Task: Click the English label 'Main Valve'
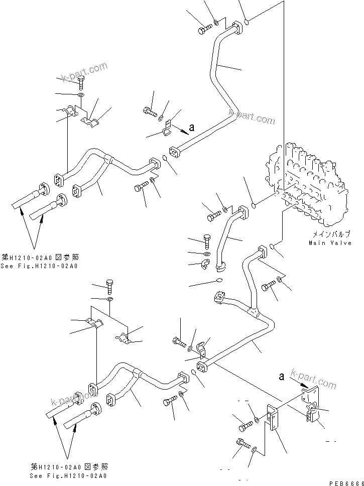327,243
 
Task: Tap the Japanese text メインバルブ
328,234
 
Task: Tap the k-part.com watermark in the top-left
85,71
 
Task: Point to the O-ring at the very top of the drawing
247,22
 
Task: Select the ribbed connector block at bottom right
311,415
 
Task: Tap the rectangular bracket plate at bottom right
273,418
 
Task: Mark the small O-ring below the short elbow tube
218,280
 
